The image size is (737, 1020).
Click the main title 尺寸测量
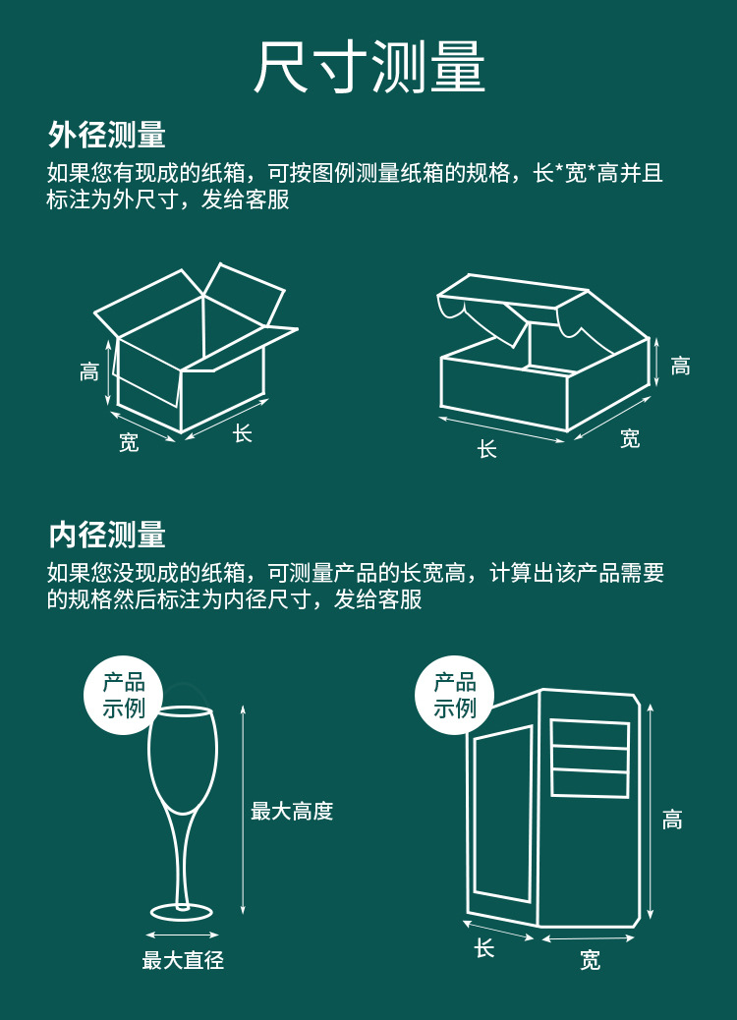click(369, 68)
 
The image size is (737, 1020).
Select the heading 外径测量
click(107, 135)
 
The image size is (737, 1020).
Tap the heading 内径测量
click(107, 536)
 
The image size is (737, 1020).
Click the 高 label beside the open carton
click(89, 372)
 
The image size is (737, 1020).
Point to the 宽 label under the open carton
click(129, 443)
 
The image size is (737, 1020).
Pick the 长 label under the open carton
click(243, 433)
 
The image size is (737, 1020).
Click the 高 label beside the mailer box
click(680, 367)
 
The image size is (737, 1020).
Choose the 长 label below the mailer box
click(487, 449)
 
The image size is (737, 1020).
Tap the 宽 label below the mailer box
click(630, 439)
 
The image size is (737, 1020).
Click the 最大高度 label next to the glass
click(292, 812)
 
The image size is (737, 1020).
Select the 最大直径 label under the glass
click(183, 960)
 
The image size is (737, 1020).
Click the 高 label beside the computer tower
click(672, 820)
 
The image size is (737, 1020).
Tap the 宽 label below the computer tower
click(590, 960)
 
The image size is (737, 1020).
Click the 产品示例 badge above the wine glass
click(124, 695)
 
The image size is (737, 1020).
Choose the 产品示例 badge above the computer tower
click(455, 695)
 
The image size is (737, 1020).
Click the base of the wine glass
click(182, 911)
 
